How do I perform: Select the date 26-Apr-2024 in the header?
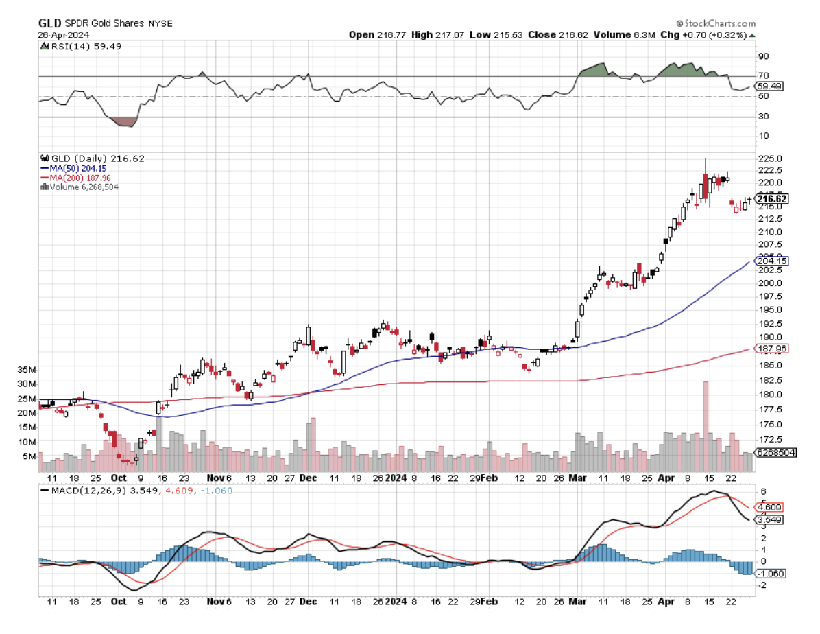(62, 34)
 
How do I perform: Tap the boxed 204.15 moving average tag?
(771, 261)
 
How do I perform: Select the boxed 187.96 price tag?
(771, 349)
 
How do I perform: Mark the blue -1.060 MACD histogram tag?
(771, 572)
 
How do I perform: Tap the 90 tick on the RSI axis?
(762, 56)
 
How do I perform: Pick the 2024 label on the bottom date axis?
(396, 601)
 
